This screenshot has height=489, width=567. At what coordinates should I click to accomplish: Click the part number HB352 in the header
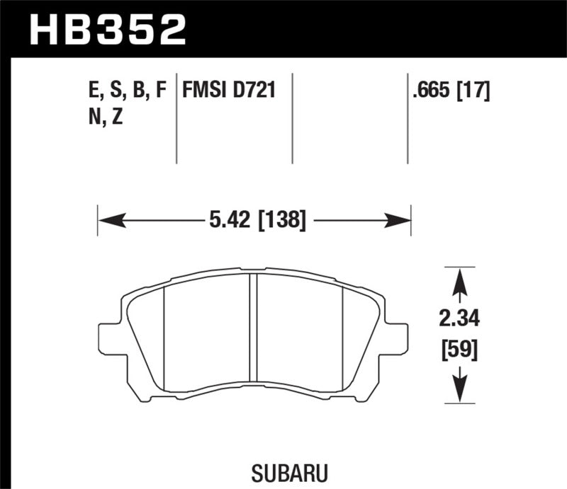(106, 29)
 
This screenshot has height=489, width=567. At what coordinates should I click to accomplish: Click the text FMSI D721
(229, 91)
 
